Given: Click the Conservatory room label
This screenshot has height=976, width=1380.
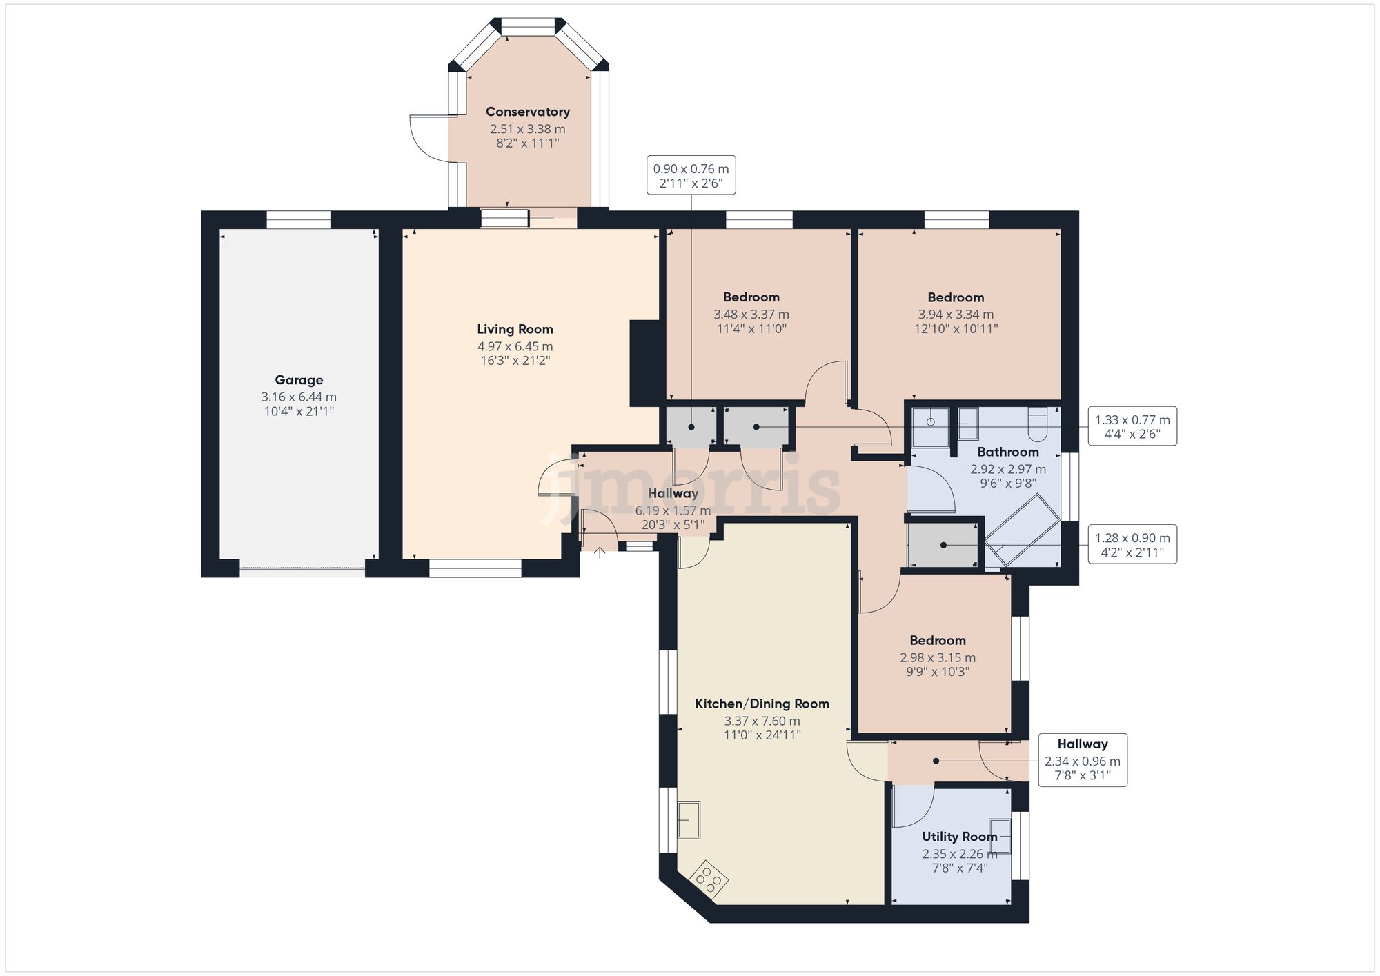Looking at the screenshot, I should [x=527, y=112].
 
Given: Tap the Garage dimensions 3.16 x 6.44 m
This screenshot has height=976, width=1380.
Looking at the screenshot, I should [x=299, y=397].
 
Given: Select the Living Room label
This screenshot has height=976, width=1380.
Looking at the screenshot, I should [x=515, y=329].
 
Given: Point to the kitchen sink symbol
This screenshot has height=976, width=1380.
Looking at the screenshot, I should [x=688, y=819].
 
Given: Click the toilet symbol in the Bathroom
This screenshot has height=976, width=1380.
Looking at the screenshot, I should [x=1038, y=424].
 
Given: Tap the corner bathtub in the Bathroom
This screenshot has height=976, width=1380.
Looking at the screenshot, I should [x=1023, y=530].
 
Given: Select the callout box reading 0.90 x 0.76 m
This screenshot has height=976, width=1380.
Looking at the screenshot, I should [x=691, y=175].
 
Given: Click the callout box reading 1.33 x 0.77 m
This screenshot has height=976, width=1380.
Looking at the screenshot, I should [x=1132, y=426].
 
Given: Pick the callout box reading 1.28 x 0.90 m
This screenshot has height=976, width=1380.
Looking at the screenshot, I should [x=1132, y=545].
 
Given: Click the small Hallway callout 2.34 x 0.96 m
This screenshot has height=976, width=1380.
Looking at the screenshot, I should [x=1082, y=760].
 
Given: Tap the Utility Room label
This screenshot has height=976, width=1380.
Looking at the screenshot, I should [x=959, y=837].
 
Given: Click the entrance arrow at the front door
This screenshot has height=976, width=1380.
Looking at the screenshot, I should [x=600, y=552].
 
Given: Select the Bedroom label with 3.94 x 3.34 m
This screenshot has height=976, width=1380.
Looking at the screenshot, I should [x=956, y=297].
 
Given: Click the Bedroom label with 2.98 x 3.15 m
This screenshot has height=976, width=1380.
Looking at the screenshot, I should [x=937, y=640].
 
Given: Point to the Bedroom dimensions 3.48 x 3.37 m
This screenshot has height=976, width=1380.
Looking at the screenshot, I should [x=751, y=315].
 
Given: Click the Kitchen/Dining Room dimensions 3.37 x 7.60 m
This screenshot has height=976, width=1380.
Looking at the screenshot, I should [x=762, y=721].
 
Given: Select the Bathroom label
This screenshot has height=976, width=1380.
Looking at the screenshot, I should [x=1007, y=452].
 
